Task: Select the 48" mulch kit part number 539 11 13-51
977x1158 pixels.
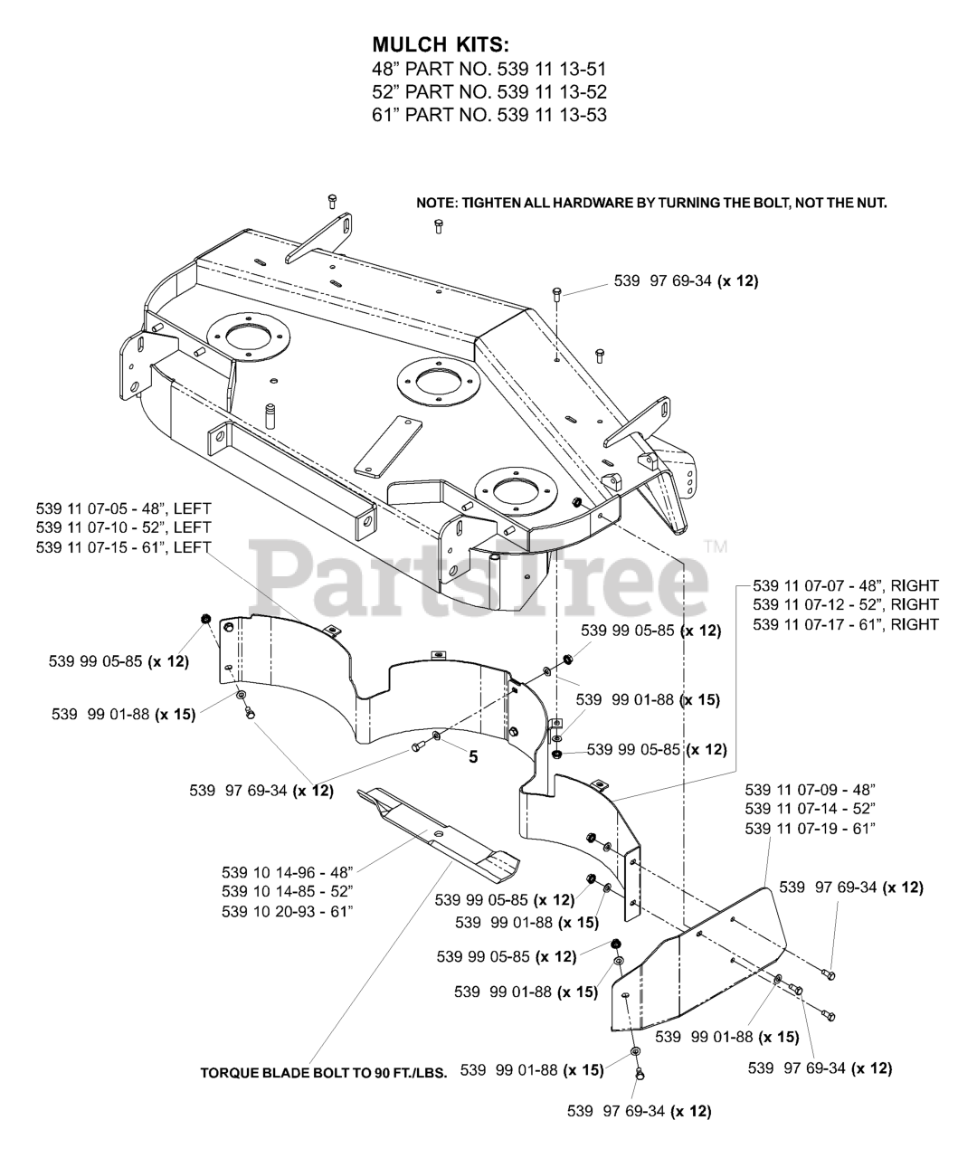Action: [x=489, y=69]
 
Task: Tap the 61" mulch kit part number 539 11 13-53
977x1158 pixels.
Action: [x=489, y=115]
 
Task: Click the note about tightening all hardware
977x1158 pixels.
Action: [x=651, y=204]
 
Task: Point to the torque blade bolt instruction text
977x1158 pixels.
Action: [x=323, y=1073]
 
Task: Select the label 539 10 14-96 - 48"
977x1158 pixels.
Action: [x=287, y=872]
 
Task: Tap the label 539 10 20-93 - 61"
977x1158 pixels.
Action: [x=287, y=911]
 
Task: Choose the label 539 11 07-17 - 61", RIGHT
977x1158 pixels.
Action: [x=845, y=624]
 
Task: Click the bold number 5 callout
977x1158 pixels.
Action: [x=472, y=757]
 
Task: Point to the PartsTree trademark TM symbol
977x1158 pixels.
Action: [x=716, y=546]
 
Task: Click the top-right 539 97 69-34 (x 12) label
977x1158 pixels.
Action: [x=686, y=280]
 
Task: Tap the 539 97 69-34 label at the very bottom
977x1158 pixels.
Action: [x=639, y=1112]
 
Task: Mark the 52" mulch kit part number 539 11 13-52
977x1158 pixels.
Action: [x=489, y=91]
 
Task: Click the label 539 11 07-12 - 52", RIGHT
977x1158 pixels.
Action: [x=845, y=604]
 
